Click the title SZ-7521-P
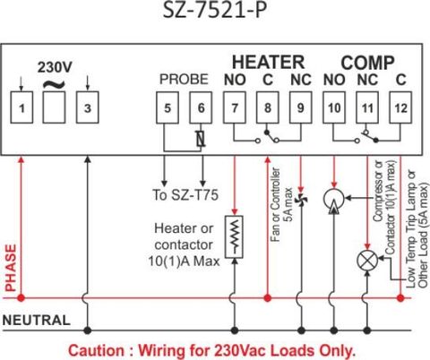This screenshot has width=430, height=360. [214, 11]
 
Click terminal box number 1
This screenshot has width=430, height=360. [21, 107]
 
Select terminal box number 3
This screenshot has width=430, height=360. [87, 107]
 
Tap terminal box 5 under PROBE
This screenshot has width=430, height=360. [168, 107]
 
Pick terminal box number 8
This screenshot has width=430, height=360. [268, 107]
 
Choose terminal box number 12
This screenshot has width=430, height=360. [400, 107]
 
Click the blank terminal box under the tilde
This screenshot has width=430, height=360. [54, 107]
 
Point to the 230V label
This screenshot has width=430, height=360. [55, 67]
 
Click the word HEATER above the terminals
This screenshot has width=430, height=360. [268, 62]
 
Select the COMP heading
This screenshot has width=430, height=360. [367, 63]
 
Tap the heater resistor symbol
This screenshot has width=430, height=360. [235, 236]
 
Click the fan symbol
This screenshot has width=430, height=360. [301, 200]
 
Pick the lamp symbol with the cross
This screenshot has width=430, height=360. [367, 261]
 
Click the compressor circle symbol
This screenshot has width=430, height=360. [334, 199]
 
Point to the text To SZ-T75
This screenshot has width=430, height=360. [185, 195]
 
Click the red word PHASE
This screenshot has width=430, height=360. [11, 268]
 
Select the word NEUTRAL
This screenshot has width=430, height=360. [37, 321]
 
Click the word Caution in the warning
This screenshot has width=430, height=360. [96, 350]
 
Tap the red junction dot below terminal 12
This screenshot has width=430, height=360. [400, 298]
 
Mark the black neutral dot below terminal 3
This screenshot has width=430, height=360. [87, 330]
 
